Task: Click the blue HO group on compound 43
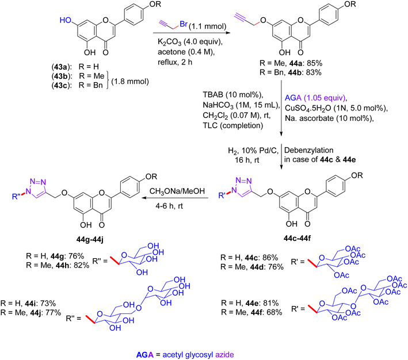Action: [66, 20]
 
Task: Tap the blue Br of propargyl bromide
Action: [184, 24]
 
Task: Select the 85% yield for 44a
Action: [314, 63]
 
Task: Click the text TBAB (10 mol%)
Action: [233, 95]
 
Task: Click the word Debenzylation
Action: [309, 150]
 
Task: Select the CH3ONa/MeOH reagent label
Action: [177, 191]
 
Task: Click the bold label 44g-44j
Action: [90, 240]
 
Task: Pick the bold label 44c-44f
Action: [297, 238]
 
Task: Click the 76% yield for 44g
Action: [76, 256]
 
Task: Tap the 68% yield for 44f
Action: [274, 312]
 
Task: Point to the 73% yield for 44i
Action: [48, 303]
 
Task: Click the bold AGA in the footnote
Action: [145, 355]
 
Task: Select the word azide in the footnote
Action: [224, 355]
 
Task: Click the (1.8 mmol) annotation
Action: [130, 82]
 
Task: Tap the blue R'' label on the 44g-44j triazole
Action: [16, 196]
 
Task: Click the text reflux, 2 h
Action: [175, 63]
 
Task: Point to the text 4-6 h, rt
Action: [169, 206]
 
